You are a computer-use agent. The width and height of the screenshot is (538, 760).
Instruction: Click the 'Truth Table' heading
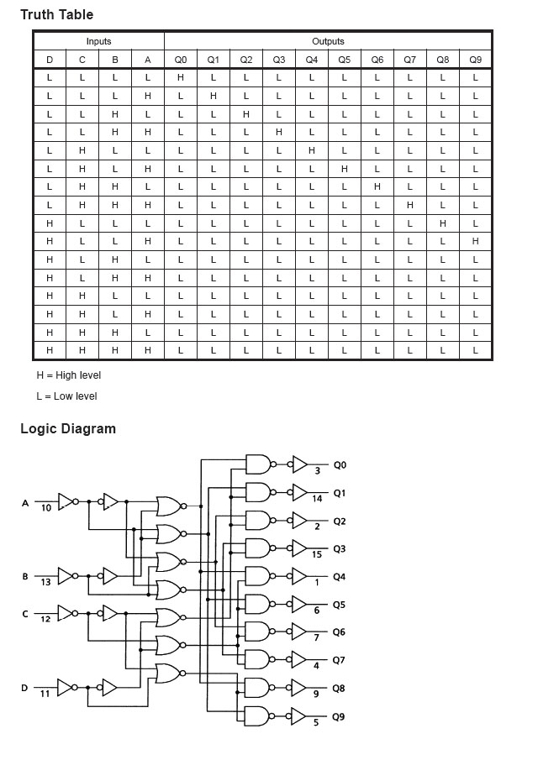[x=56, y=14]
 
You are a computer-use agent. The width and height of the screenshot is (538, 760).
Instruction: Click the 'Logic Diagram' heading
[x=68, y=428]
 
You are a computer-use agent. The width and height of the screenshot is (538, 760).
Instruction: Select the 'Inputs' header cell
[x=98, y=41]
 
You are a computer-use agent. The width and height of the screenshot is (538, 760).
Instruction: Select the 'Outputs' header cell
[x=328, y=41]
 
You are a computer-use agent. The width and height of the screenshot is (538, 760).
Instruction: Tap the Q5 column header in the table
[x=344, y=60]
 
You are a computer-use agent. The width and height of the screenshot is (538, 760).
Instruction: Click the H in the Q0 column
[x=180, y=77]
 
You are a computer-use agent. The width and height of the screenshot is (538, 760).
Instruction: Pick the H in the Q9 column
[x=475, y=241]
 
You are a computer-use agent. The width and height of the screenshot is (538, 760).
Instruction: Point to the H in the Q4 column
[x=311, y=150]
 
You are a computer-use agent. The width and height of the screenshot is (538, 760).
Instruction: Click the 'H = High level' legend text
[x=68, y=375]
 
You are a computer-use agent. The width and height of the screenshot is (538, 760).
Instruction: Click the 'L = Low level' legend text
[x=66, y=396]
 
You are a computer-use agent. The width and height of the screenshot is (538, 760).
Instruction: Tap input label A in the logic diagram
[x=24, y=503]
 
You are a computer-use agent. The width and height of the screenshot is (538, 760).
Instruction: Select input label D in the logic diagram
[x=24, y=689]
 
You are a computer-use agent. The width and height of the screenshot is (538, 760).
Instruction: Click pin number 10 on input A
[x=46, y=509]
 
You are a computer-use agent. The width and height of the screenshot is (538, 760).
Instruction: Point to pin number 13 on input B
[x=46, y=582]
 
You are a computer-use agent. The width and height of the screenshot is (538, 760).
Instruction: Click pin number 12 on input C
[x=46, y=619]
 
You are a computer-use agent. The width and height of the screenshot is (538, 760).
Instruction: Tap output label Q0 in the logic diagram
[x=339, y=464]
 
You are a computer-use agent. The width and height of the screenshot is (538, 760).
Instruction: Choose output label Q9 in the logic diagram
[x=339, y=717]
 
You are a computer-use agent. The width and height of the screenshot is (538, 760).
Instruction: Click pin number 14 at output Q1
[x=317, y=499]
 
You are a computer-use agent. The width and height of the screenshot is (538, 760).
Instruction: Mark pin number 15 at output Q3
[x=317, y=554]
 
